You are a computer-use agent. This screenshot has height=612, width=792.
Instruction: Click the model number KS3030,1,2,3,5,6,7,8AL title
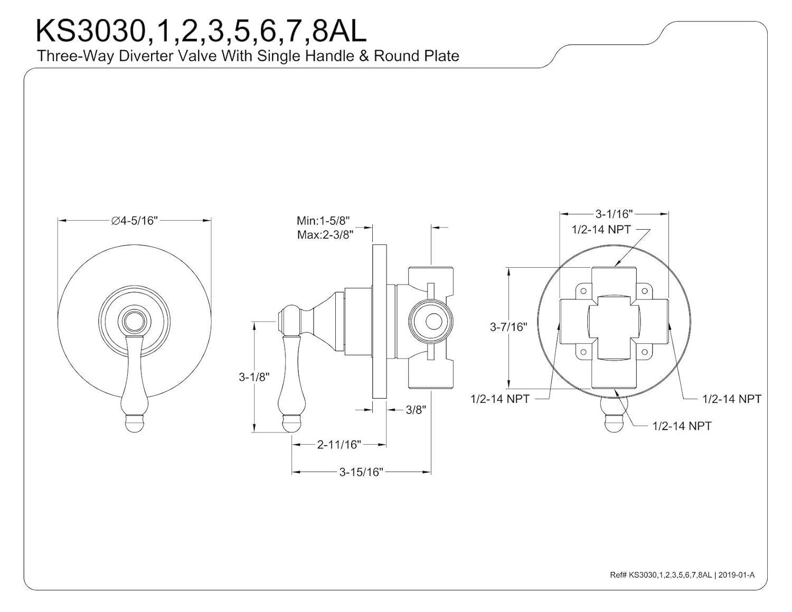coord(200,31)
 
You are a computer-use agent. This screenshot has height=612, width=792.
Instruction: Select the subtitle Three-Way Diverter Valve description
coord(248,56)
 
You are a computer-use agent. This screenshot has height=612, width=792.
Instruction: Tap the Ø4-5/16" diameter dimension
coord(134,221)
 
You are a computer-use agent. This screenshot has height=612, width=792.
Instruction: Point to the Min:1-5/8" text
coord(323,220)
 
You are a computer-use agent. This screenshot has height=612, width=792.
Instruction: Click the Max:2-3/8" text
coord(325,234)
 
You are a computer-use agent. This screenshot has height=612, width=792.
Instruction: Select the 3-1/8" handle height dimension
coord(254,377)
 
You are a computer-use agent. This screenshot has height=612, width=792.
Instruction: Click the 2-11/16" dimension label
coord(338,445)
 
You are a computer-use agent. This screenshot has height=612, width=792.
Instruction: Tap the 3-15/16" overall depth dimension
coord(361,472)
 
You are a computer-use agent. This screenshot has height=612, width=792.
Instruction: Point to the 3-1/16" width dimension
coord(614,214)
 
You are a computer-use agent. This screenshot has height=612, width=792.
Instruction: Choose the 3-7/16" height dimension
coord(508,327)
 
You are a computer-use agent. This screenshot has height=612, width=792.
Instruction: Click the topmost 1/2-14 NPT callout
coord(601,230)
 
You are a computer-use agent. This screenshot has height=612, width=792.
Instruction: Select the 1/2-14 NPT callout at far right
coord(731,399)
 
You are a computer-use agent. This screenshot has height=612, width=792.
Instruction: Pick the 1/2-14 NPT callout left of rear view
coord(499,399)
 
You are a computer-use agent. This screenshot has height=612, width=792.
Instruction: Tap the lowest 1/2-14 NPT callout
coord(682,426)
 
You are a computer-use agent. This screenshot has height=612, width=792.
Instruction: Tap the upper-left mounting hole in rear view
coord(583,290)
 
